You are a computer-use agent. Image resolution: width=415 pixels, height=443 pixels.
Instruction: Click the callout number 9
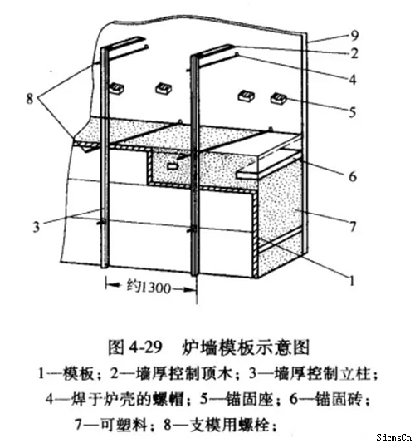pyautogui.click(x=354, y=35)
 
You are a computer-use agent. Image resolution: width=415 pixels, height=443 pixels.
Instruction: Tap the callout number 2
pyautogui.click(x=354, y=53)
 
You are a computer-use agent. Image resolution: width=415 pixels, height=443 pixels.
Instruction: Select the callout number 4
pyautogui.click(x=353, y=80)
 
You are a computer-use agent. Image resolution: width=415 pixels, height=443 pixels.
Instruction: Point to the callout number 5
pyautogui.click(x=353, y=112)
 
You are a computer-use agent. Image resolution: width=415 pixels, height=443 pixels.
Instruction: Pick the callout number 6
pyautogui.click(x=353, y=176)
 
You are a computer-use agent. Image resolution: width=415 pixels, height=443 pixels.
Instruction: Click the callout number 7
pyautogui.click(x=353, y=227)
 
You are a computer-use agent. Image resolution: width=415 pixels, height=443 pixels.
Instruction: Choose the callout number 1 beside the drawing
pyautogui.click(x=352, y=281)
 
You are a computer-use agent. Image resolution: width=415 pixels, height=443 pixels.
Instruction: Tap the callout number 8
pyautogui.click(x=30, y=99)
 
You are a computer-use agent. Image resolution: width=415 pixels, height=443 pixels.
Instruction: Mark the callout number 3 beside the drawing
pyautogui.click(x=37, y=227)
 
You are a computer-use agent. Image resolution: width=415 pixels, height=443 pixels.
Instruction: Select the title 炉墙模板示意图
pyautogui.click(x=246, y=347)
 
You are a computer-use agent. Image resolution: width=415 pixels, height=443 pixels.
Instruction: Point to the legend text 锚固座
pyautogui.click(x=250, y=400)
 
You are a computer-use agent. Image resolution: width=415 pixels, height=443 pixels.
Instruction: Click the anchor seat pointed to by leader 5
pyautogui.click(x=278, y=98)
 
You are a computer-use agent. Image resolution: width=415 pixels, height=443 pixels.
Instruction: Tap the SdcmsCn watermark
pyautogui.click(x=394, y=437)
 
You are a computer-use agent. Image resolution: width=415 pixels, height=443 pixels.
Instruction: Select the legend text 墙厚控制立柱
pyautogui.click(x=322, y=374)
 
